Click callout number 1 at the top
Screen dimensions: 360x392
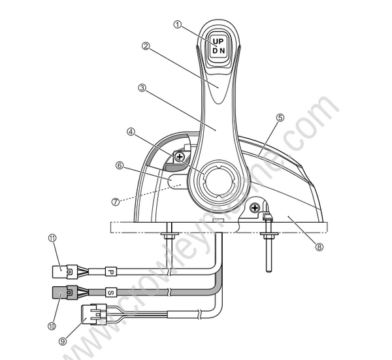pyautogui.click(x=177, y=24)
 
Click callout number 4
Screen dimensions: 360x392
pyautogui.click(x=131, y=131)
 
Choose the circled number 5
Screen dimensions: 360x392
pyautogui.click(x=280, y=118)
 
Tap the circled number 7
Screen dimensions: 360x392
pyautogui.click(x=116, y=202)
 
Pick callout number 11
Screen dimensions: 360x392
pyautogui.click(x=53, y=238)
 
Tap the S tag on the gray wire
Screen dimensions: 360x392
pyautogui.click(x=110, y=293)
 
